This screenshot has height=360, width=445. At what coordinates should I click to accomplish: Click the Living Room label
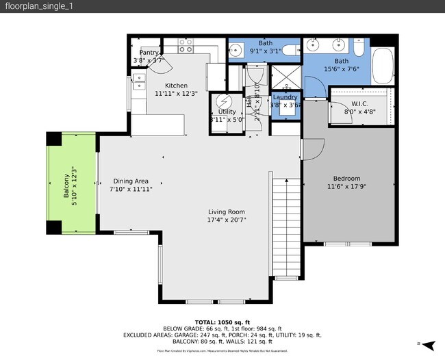[227, 212]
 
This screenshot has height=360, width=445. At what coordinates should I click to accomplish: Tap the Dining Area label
[131, 181]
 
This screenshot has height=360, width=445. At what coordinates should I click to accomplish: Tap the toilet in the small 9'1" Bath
[290, 49]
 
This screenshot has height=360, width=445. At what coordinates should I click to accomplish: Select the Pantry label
[149, 53]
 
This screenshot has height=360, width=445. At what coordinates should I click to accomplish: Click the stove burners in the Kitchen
[186, 45]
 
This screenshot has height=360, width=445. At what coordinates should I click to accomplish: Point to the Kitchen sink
[139, 83]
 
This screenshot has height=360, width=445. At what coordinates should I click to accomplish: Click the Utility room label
[227, 112]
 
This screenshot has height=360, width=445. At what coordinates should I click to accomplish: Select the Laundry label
[284, 97]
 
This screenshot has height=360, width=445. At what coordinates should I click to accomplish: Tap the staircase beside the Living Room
[286, 226]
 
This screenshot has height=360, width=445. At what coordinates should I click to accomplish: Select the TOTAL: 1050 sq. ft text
[222, 322]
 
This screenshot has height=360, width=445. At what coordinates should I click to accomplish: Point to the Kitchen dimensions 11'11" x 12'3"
[176, 94]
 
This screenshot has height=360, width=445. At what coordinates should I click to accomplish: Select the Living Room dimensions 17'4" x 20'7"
[227, 220]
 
